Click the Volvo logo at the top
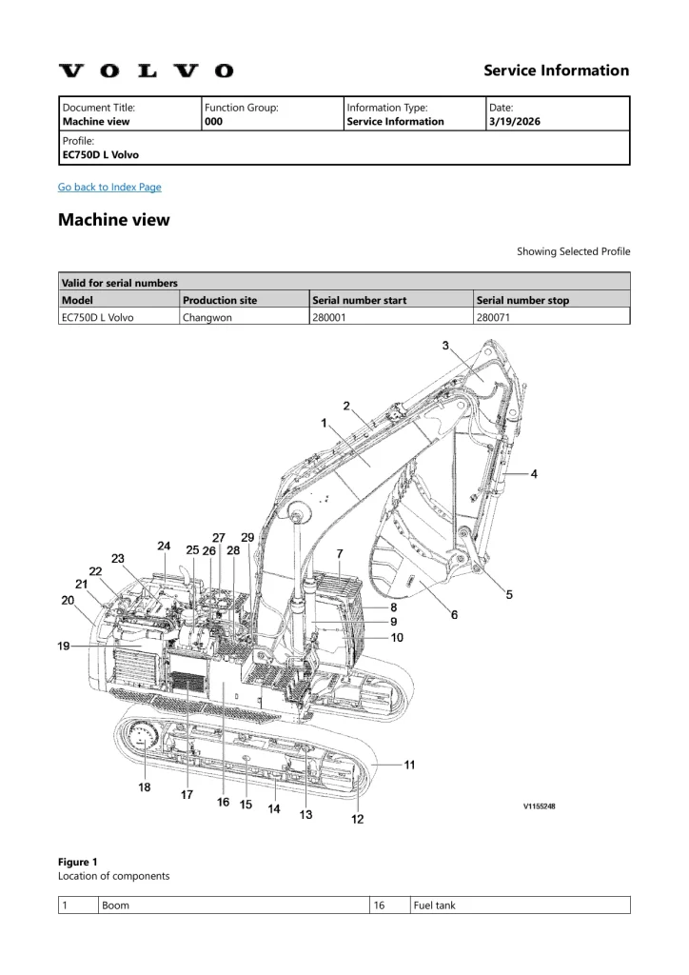pyautogui.click(x=146, y=70)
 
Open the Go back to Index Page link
pyautogui.click(x=109, y=187)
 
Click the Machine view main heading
pyautogui.click(x=114, y=220)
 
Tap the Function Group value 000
pyautogui.click(x=213, y=122)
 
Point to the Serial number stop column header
pyautogui.click(x=522, y=300)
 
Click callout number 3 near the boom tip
pyautogui.click(x=445, y=347)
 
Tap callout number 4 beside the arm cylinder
pyautogui.click(x=534, y=474)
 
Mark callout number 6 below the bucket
pyautogui.click(x=454, y=615)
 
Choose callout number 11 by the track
pyautogui.click(x=409, y=765)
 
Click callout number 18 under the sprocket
pyautogui.click(x=144, y=787)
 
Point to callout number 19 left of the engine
pyautogui.click(x=63, y=647)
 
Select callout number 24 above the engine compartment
pyautogui.click(x=164, y=547)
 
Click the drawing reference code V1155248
pyautogui.click(x=539, y=806)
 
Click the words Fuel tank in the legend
pyautogui.click(x=435, y=905)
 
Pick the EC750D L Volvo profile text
pyautogui.click(x=100, y=154)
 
